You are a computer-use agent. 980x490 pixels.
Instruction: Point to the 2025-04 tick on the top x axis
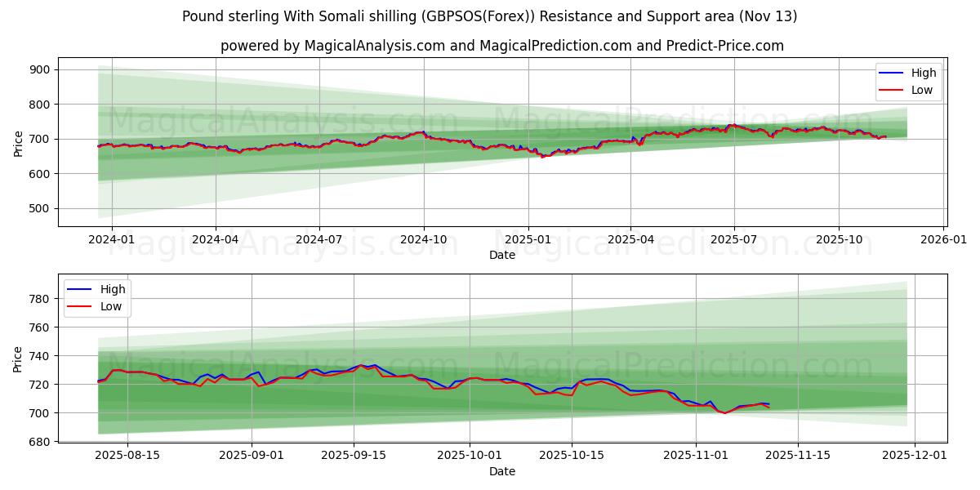pos(630,239)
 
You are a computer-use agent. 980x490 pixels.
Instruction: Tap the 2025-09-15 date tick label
pos(354,456)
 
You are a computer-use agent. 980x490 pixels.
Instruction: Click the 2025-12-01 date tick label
pos(915,456)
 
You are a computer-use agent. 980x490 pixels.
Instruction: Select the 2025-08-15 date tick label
pos(127,456)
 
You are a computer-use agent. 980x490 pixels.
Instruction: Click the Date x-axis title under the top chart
pos(501,255)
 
